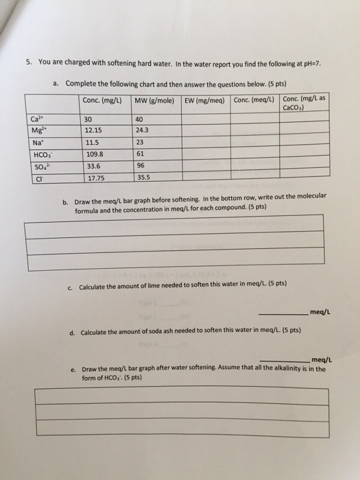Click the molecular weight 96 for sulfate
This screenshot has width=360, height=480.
[140, 167]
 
